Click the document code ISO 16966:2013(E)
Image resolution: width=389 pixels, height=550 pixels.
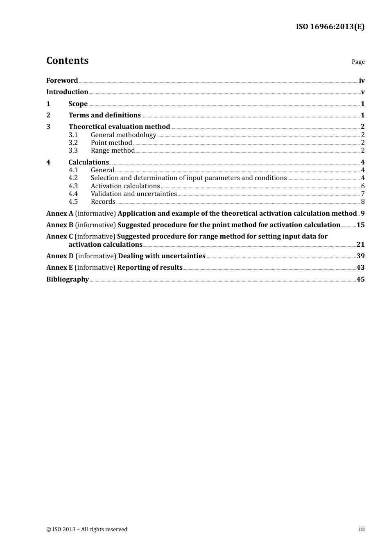point(330,27)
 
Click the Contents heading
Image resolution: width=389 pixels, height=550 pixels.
point(67,61)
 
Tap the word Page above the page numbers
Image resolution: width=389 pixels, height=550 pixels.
point(358,62)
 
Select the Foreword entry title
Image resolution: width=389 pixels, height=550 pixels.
point(62,81)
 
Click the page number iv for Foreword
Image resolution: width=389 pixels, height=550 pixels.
point(362,81)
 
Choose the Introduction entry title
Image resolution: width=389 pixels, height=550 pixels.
point(67,92)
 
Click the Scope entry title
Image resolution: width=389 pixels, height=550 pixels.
point(78,104)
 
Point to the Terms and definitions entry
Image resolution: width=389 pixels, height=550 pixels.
point(104,115)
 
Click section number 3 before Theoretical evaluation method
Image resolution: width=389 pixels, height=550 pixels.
point(48,127)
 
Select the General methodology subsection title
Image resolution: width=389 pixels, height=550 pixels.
point(123,135)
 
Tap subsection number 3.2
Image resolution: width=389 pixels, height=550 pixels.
point(73,143)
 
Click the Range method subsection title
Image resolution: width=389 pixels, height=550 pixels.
point(113,151)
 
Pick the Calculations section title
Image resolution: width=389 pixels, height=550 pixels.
point(88,162)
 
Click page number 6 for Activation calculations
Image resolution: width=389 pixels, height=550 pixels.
point(363,186)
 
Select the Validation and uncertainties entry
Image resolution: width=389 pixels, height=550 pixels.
point(133,194)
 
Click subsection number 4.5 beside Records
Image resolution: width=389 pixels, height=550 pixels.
point(73,202)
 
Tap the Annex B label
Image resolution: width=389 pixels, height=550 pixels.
point(60,225)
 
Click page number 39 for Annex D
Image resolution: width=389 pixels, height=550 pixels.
point(360,256)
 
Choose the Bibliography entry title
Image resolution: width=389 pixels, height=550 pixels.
point(68,280)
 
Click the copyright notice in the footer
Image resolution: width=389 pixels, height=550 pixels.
point(87,529)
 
